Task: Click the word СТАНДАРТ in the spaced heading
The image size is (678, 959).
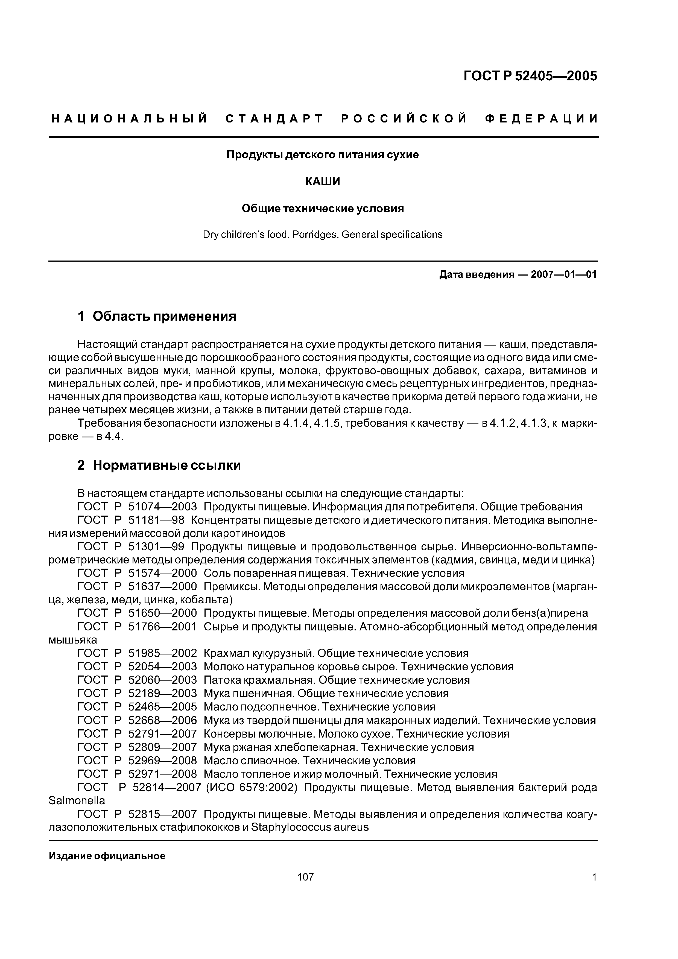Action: pyautogui.click(x=274, y=119)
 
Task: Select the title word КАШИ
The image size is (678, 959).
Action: pyautogui.click(x=323, y=182)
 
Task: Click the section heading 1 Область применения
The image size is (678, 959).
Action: pyautogui.click(x=157, y=316)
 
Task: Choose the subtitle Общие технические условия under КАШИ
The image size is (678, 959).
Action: pyautogui.click(x=323, y=208)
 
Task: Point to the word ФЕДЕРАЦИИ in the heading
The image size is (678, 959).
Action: pyautogui.click(x=542, y=119)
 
